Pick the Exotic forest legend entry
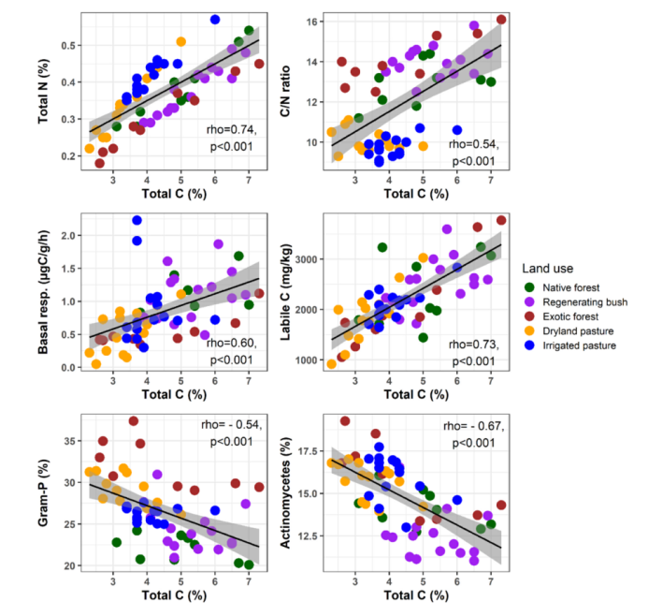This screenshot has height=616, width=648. point(572,317)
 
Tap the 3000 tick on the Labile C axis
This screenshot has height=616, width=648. point(308,257)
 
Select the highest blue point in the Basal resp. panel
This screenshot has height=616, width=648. point(137,220)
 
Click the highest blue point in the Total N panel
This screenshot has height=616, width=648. point(215,19)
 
